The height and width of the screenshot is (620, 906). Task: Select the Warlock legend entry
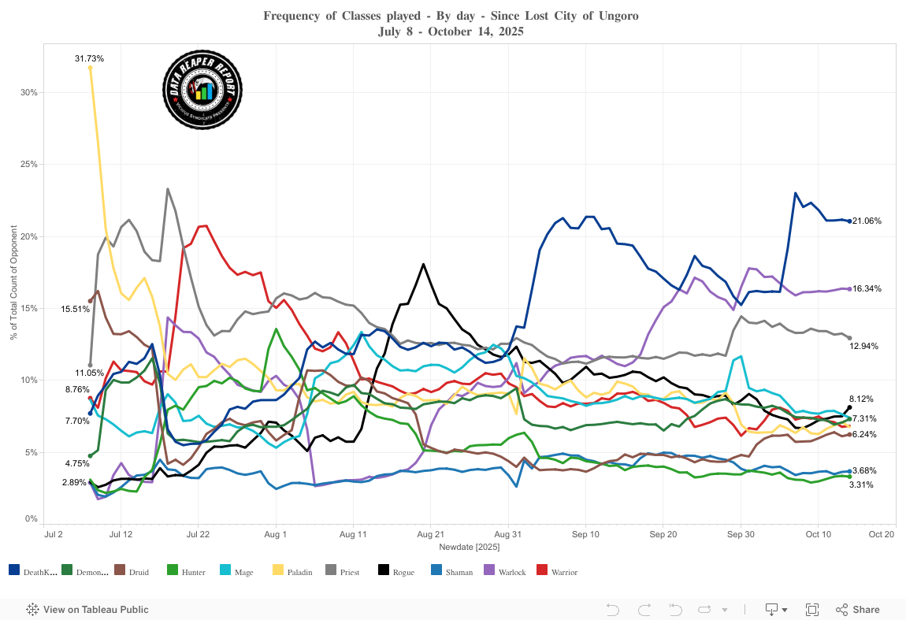tap(507, 572)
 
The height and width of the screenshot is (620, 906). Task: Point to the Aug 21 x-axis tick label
tap(430, 534)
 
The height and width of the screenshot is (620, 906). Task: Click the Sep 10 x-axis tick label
tap(585, 534)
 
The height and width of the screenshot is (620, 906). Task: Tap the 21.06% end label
tap(867, 221)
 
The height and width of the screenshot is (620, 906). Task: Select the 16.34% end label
tap(867, 289)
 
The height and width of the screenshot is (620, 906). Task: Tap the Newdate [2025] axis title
tap(466, 546)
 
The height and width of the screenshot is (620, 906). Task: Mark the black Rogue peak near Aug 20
tap(424, 264)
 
